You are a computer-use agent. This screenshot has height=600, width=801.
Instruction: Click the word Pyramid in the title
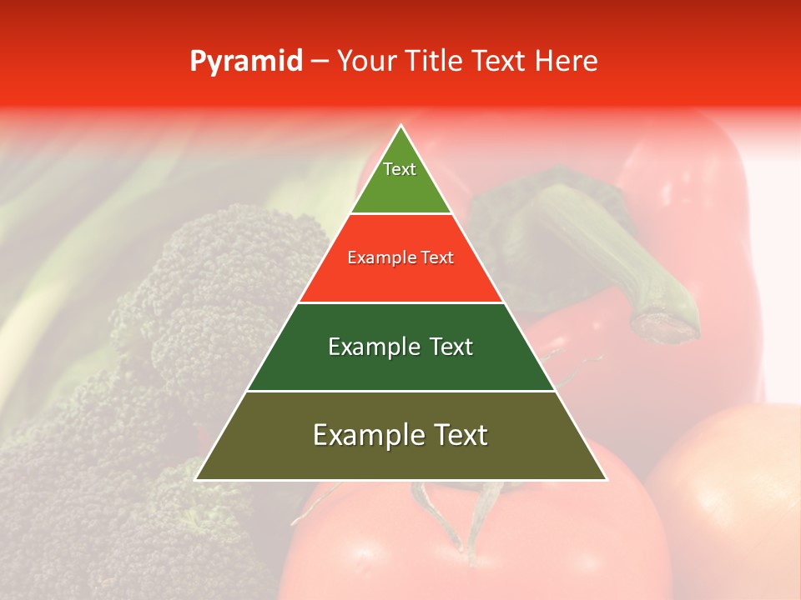(x=245, y=62)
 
